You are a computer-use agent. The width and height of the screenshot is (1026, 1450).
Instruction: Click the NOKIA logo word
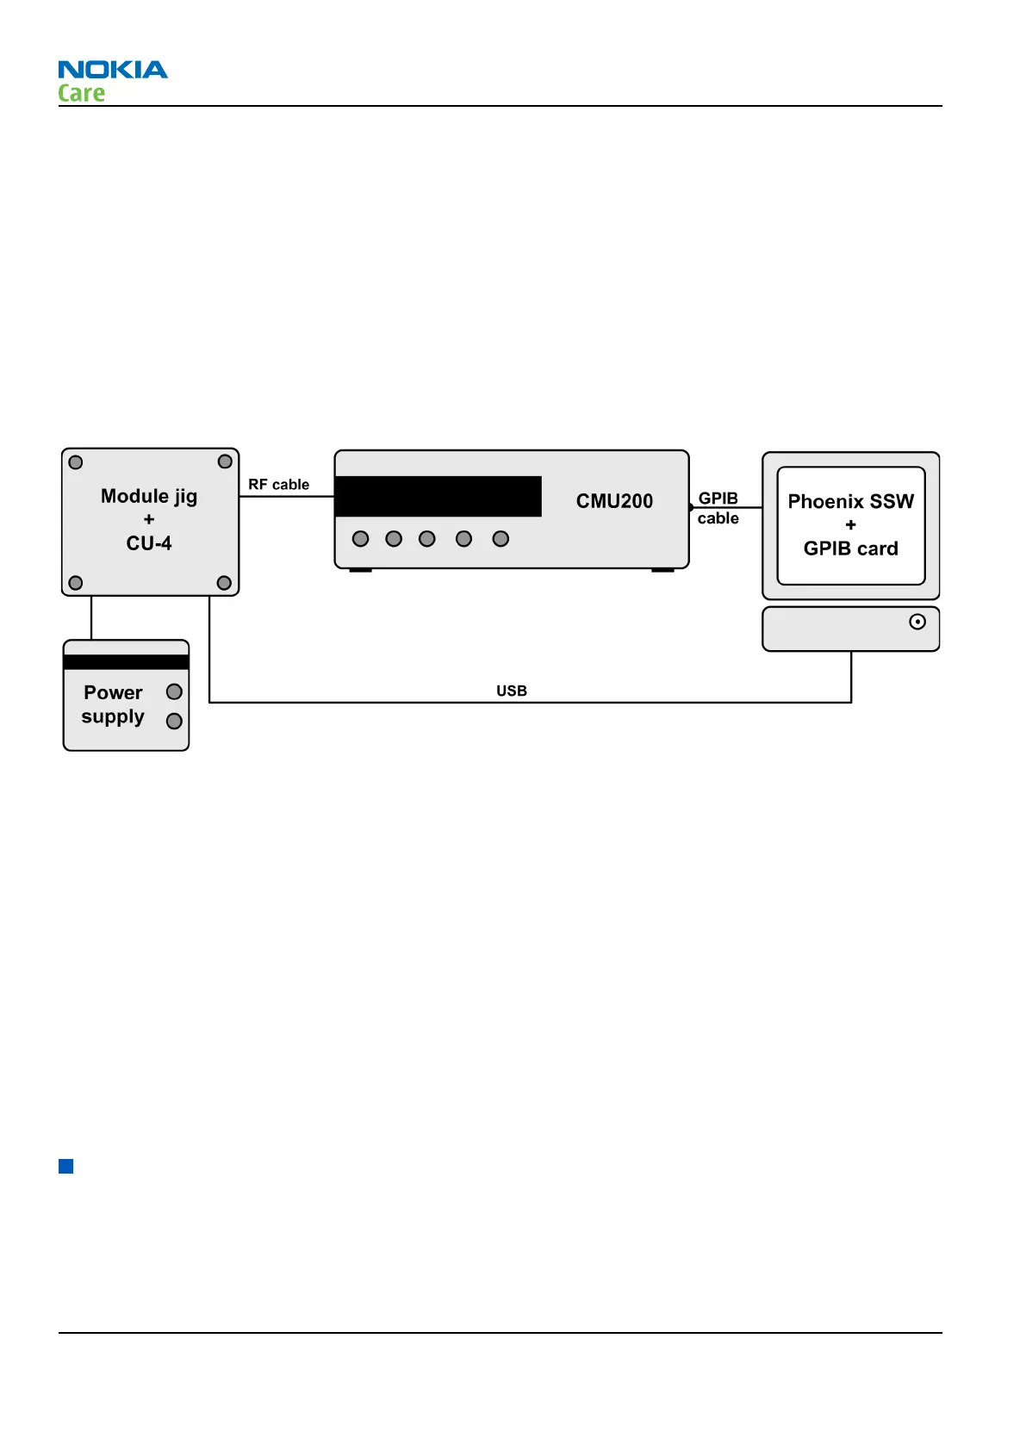113,70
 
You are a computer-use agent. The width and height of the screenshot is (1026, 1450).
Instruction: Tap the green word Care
81,93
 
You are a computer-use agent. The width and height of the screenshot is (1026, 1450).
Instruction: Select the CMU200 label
614,501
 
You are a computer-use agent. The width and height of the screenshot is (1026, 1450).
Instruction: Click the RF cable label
278,485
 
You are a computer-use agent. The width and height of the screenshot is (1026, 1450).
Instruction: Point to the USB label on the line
511,691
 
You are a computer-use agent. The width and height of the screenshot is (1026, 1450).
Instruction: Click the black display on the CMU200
438,496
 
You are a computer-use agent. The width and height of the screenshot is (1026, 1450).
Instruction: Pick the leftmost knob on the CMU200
361,539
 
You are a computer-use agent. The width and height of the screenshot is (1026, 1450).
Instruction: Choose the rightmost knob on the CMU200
501,539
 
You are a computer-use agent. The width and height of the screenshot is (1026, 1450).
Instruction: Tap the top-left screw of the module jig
76,462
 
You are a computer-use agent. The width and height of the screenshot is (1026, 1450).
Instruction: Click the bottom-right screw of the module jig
224,583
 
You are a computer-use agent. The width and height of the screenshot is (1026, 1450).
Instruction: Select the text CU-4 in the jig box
149,543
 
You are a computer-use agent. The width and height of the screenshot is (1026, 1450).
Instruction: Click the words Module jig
149,496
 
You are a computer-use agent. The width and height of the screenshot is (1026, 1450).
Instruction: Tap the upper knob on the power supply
174,691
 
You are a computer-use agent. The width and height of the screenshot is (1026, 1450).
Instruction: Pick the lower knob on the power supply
174,721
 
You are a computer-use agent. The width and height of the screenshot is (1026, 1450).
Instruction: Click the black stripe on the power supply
126,662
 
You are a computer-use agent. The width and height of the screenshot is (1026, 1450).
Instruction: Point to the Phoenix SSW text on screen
850,501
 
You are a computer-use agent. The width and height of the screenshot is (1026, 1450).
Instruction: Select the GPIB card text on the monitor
850,548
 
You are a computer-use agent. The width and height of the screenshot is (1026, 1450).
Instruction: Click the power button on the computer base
917,622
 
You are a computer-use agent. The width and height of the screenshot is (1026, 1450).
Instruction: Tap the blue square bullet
66,1167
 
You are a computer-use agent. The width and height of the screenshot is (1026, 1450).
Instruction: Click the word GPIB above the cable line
718,498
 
